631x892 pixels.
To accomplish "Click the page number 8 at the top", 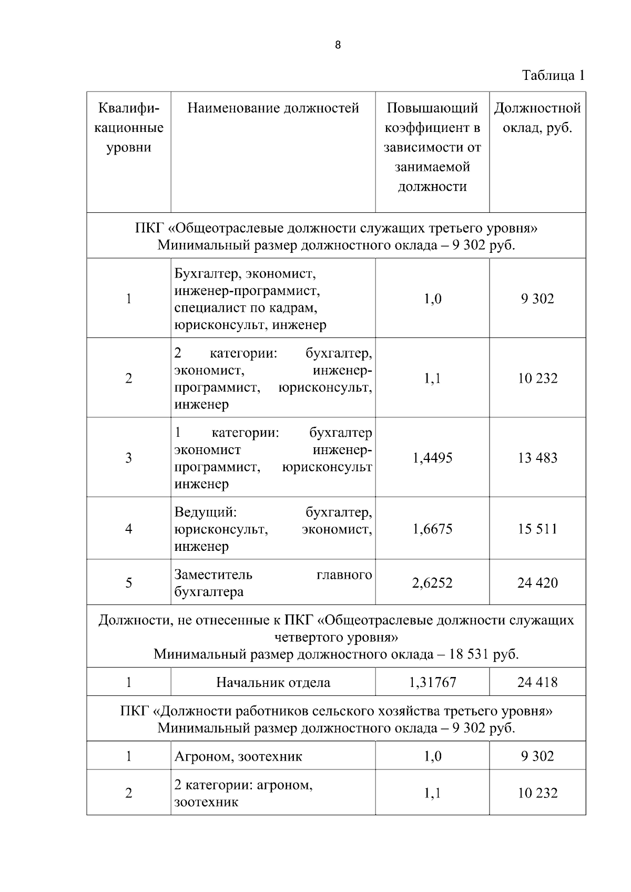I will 338,45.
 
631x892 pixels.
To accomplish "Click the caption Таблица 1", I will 553,75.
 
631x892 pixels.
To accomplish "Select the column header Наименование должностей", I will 273,108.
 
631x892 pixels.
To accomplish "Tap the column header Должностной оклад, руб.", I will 537,118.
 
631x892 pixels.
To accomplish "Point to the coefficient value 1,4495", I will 432,458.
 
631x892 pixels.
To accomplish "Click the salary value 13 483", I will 537,458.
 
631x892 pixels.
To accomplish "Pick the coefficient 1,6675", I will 432,529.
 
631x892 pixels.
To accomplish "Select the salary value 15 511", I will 537,529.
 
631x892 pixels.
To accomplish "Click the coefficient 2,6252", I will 432,583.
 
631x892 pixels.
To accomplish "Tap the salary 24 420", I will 537,583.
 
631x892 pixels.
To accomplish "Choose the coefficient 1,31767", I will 432,683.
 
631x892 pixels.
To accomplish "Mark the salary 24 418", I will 537,683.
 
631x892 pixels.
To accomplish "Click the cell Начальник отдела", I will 273,683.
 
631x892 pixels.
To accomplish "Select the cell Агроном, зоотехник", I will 238,757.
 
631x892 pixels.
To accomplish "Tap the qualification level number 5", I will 128,583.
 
